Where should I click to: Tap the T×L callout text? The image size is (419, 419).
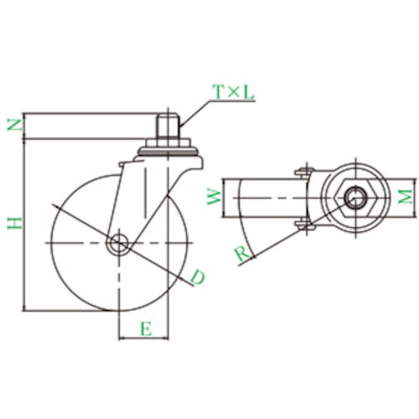(232, 93)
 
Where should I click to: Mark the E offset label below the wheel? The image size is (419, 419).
(145, 329)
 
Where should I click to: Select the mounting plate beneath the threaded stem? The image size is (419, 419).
(168, 151)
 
